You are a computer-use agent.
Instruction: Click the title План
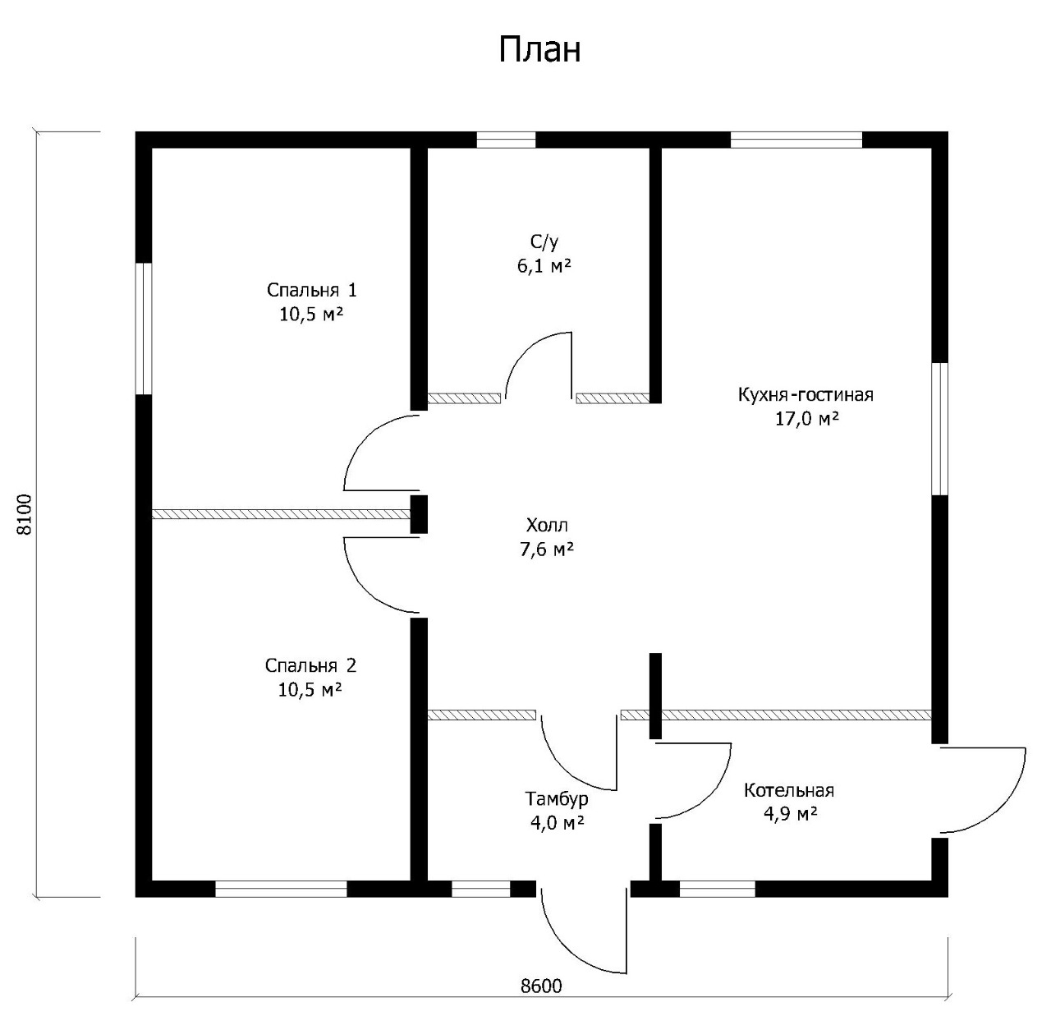[x=539, y=49]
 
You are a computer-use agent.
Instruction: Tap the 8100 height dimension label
[x=25, y=514]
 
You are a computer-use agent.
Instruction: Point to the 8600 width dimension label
[x=541, y=986]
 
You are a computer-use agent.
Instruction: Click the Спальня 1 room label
[x=311, y=290]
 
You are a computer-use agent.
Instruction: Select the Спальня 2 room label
[x=310, y=665]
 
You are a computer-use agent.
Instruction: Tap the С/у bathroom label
[x=544, y=242]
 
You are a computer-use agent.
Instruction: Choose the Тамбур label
[x=557, y=798]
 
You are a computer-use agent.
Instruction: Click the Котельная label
[x=788, y=790]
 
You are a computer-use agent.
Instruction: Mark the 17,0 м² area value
[x=805, y=419]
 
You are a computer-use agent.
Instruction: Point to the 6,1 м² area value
[x=544, y=266]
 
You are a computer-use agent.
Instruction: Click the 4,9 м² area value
[x=788, y=814]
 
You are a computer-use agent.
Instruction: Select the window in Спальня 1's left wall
[x=145, y=329]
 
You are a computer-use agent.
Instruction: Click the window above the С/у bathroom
[x=506, y=140]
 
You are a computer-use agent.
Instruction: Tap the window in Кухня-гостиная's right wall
[x=939, y=429]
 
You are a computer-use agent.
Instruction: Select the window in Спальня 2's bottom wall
[x=281, y=888]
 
